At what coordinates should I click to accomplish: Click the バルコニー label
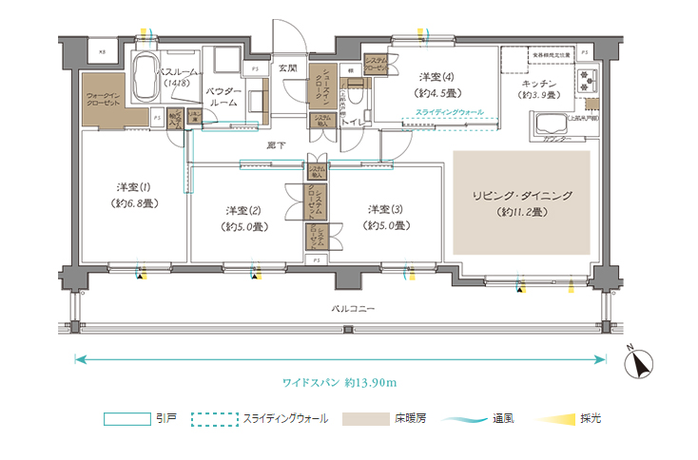353,310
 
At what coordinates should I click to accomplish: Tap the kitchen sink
552,125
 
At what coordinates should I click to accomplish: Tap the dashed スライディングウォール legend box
214,418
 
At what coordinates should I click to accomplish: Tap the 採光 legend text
590,418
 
